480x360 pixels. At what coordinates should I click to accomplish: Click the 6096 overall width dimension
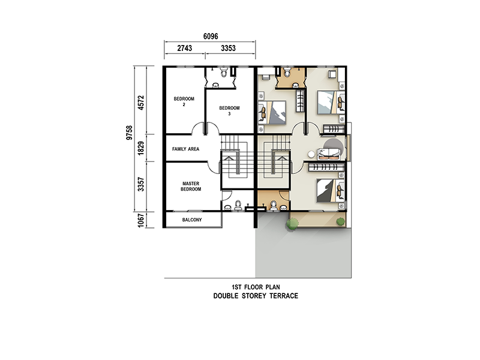point(211,37)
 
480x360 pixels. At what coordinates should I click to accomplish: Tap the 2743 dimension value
point(185,48)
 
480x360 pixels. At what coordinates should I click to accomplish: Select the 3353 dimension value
point(229,48)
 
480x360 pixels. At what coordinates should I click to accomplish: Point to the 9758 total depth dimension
point(130,133)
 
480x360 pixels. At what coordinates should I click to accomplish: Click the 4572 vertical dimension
point(141,103)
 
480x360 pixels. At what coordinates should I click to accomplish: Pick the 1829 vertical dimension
point(141,148)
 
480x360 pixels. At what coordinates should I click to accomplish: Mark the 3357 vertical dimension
point(141,184)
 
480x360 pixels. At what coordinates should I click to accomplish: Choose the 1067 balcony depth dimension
point(141,220)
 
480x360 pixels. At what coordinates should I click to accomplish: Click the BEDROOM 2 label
point(184,101)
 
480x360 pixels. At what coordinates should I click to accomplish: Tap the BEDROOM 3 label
point(229,111)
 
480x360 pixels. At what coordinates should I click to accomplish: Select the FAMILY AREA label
point(185,149)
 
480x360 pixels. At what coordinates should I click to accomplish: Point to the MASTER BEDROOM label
point(191,186)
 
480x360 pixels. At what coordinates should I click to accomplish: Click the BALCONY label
point(192,220)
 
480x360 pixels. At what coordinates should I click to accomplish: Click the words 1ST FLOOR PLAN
point(256,287)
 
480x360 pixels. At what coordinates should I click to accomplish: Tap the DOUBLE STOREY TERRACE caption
point(256,296)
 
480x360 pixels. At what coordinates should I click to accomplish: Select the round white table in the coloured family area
point(311,155)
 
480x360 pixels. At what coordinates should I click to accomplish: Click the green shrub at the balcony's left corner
point(292,223)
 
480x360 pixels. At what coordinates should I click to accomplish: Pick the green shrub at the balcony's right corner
point(340,221)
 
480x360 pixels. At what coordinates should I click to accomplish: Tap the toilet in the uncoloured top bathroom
point(224,72)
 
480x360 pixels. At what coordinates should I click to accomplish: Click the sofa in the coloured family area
point(329,154)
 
